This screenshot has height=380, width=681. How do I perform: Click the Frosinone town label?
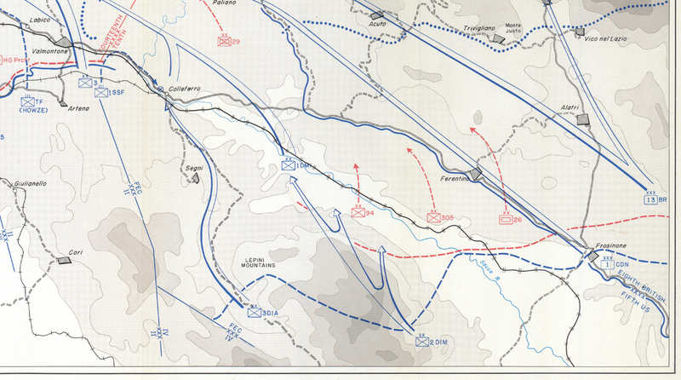point(600,245)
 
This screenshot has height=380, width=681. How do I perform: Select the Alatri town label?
point(570,107)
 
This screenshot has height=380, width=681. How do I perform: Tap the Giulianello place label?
point(29,183)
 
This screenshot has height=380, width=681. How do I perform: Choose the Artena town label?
point(77,108)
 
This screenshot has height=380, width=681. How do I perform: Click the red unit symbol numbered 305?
point(435,218)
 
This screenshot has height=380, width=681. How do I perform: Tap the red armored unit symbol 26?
point(505,219)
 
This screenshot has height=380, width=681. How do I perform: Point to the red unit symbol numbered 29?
point(225,41)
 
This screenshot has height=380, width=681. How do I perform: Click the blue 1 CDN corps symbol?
point(607,265)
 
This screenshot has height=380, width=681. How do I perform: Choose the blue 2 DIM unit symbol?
point(422,343)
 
